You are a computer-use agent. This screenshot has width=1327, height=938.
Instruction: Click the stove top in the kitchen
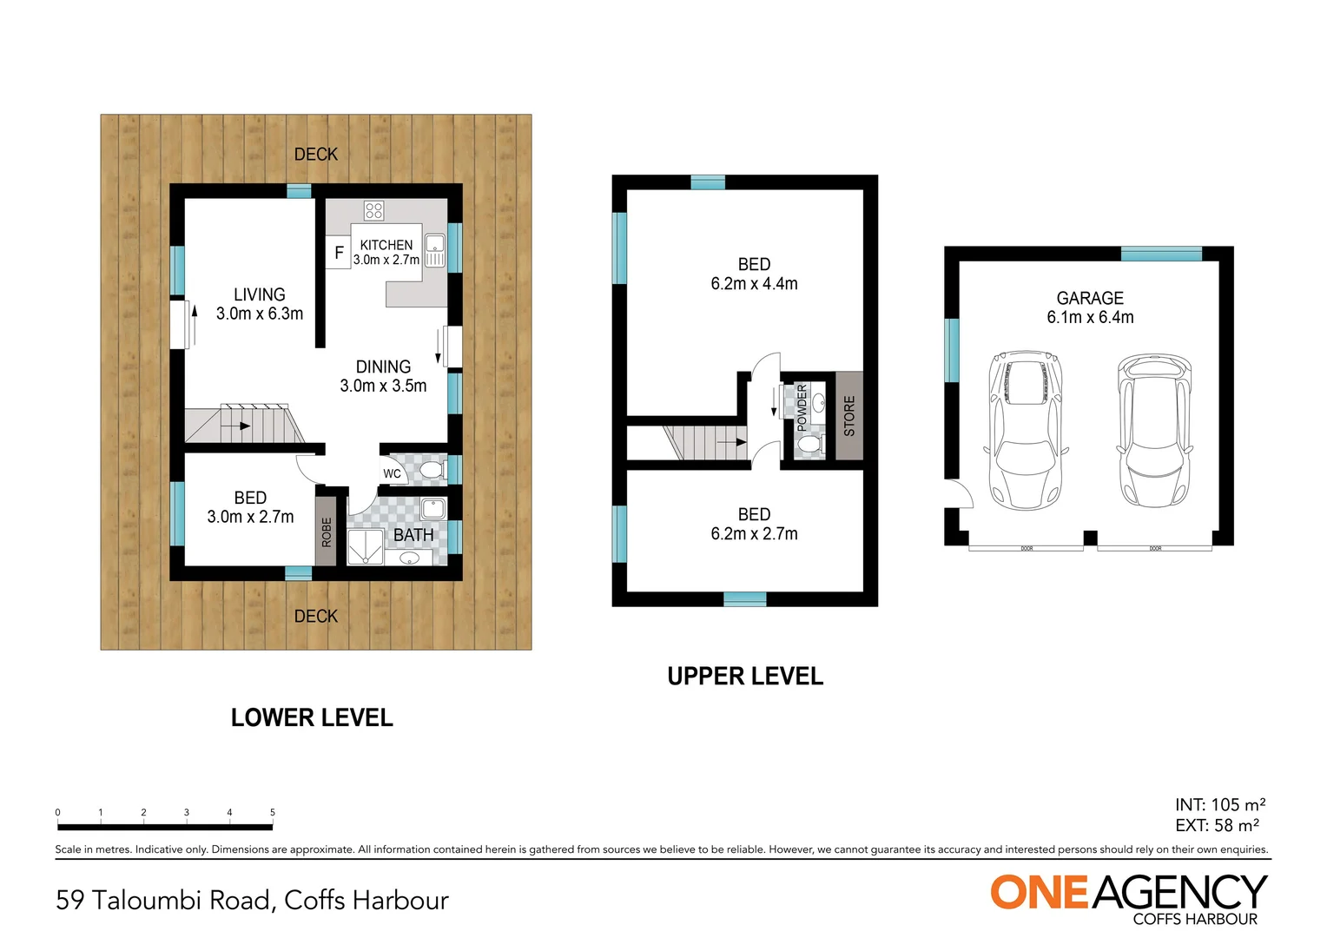373,210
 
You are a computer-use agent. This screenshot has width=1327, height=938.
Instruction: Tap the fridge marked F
339,253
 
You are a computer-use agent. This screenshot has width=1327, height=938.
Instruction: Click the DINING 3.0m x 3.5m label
383,376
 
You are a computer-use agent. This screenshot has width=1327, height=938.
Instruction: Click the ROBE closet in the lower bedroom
326,531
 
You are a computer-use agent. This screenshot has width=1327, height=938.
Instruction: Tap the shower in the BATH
364,547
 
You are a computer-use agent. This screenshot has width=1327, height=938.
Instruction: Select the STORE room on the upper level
848,416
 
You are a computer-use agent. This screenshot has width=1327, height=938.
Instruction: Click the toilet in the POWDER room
809,445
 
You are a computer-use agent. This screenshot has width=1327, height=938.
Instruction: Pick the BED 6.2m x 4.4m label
754,274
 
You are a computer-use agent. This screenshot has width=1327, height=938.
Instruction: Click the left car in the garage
1026,430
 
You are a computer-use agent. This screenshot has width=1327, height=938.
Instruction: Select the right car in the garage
1153,430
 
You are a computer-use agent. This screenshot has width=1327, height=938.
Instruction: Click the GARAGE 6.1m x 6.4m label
1090,307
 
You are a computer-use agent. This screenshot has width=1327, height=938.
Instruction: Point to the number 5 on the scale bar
273,813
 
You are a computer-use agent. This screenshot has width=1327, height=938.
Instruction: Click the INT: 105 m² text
1220,804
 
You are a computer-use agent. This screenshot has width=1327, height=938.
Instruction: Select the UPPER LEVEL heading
745,677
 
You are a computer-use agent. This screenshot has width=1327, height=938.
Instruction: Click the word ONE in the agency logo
1040,893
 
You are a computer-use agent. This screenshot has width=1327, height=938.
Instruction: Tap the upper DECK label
316,155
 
